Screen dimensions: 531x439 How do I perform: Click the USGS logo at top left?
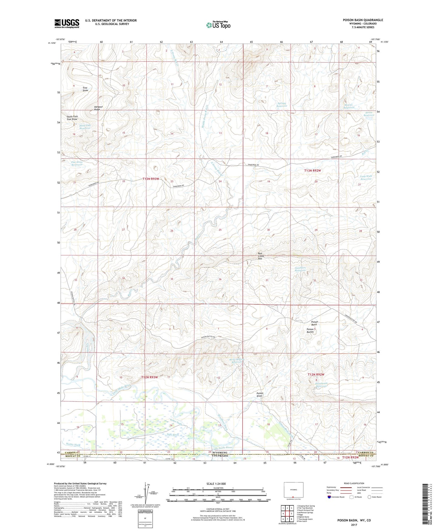(67, 23)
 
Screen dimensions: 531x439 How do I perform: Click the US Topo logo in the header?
(218, 25)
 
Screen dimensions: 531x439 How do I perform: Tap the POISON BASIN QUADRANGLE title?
(363, 20)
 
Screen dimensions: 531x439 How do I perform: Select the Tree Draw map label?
(85, 89)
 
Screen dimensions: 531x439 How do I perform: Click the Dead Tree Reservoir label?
(85, 127)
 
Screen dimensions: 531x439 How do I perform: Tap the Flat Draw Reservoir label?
(77, 163)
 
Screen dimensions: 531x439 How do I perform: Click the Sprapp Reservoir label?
(282, 105)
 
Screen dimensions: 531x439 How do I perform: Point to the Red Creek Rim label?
(261, 256)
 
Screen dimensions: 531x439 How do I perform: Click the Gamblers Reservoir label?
(300, 269)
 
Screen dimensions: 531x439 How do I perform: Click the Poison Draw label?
(260, 394)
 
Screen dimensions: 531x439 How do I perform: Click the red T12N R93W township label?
(149, 377)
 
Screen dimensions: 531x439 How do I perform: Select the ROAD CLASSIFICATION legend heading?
(354, 483)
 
